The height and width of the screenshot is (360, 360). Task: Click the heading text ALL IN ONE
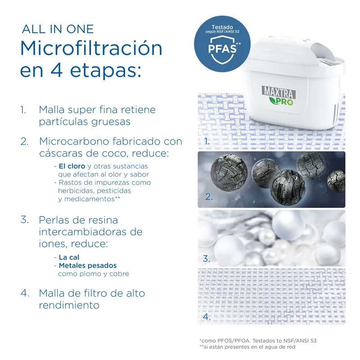coord(58,29)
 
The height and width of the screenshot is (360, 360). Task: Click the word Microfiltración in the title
coord(91,48)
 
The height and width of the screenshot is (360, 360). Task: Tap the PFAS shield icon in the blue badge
coord(222,50)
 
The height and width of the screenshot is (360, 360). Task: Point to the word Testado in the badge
coord(222,27)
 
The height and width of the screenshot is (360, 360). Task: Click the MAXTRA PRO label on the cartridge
coord(279,95)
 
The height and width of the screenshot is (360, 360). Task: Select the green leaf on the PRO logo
coord(273,100)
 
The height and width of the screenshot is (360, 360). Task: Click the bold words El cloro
coord(72,166)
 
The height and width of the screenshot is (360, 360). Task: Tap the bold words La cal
coord(69,257)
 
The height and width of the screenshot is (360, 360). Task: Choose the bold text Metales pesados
coord(88,265)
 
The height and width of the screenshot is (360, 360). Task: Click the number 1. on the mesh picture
coord(207,141)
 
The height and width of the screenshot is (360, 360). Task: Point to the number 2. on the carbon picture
coord(209,197)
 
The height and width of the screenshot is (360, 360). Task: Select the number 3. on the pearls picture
coord(207,259)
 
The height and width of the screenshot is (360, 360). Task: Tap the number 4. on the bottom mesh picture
coord(207,317)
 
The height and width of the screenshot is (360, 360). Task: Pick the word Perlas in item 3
coord(52,220)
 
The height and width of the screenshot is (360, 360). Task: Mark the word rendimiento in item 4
coord(69,305)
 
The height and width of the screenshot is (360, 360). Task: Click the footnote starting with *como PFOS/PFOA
coord(258,341)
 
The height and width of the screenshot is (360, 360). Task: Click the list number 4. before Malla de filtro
coord(25,293)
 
